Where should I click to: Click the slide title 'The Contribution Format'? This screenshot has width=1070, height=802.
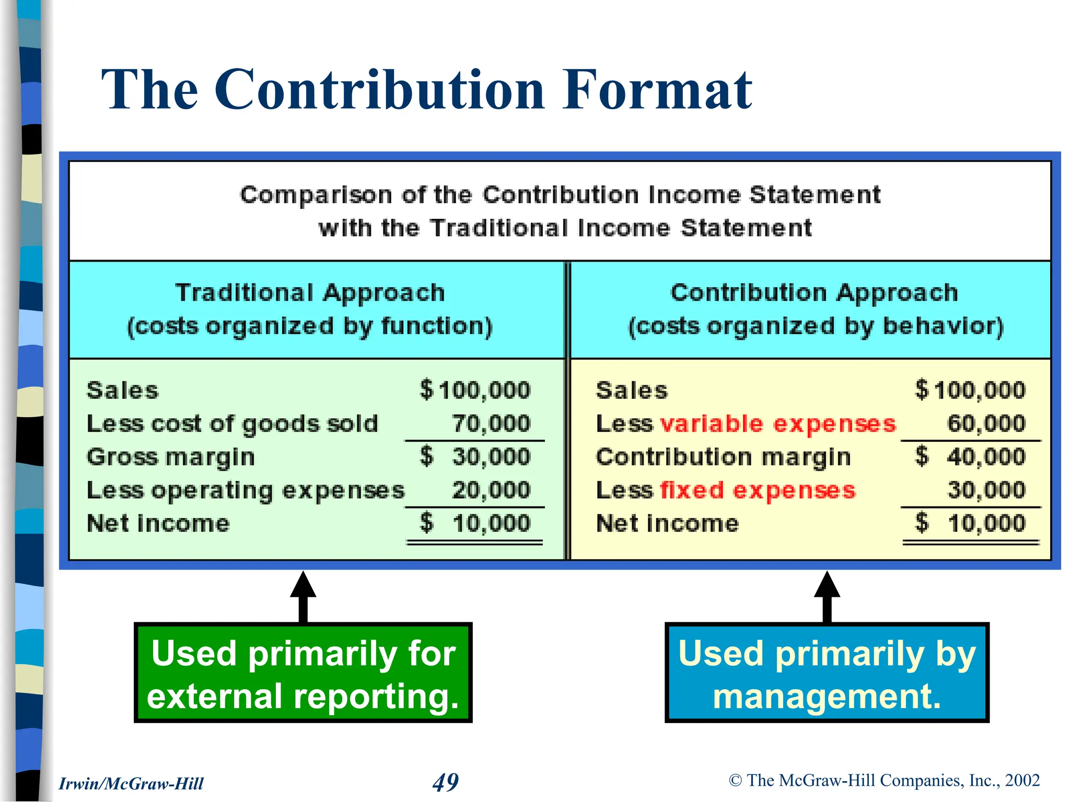click(426, 90)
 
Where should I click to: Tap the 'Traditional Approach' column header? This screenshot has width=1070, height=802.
click(310, 293)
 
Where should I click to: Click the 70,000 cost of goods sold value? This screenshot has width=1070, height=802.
click(491, 423)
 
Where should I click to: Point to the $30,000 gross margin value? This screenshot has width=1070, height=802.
click(475, 457)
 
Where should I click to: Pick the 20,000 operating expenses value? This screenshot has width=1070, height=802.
click(491, 490)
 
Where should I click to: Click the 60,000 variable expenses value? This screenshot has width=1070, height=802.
click(986, 423)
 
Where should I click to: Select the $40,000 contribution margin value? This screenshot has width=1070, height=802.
click(971, 457)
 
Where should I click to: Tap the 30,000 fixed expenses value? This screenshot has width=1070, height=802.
click(986, 490)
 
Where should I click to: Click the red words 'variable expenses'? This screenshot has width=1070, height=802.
click(778, 424)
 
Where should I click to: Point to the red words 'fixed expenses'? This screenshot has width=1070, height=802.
click(758, 491)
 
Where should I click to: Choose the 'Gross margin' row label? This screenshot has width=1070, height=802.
click(171, 457)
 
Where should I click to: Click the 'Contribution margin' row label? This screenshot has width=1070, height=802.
click(724, 457)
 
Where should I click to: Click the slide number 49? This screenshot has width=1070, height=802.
click(446, 782)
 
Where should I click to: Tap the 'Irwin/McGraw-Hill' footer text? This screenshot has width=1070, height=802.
click(131, 784)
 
